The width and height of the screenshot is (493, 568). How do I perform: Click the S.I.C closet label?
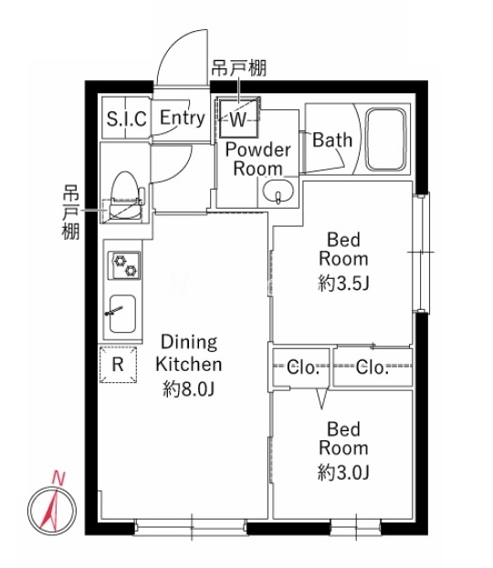[127, 119]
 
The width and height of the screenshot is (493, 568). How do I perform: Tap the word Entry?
[183, 118]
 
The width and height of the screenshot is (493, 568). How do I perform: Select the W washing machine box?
[238, 118]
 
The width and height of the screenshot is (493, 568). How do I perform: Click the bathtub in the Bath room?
[385, 139]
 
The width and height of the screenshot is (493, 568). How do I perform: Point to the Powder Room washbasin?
[278, 191]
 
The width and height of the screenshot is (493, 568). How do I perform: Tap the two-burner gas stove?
[124, 265]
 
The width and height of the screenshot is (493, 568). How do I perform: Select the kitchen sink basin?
[122, 314]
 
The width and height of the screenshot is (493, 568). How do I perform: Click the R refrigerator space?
[119, 365]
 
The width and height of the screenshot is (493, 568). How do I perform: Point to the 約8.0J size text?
[189, 389]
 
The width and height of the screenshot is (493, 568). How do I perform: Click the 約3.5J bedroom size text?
[343, 283]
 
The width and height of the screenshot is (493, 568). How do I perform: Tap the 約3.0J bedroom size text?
[343, 472]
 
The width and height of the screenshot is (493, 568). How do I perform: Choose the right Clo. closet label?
[372, 367]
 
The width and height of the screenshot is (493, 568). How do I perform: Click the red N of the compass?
[58, 478]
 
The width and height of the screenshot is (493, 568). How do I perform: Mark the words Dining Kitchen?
[189, 353]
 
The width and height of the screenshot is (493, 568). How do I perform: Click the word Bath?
[332, 139]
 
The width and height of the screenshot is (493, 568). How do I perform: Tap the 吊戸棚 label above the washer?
[239, 68]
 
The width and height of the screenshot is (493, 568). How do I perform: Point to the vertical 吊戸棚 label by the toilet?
[70, 212]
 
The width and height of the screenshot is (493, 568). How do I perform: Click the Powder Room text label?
[258, 160]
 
